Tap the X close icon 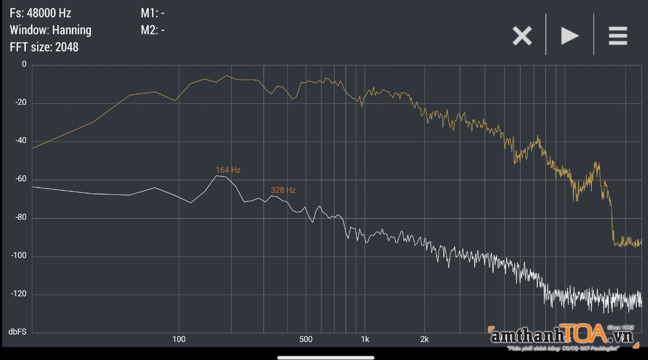[522, 36]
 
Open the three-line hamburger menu [618, 36]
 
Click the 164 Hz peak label [228, 170]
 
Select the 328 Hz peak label [283, 191]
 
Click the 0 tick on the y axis [23, 64]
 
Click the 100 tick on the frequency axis [179, 339]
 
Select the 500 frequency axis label [306, 339]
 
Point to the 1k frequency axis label [365, 339]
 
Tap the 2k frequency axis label [424, 339]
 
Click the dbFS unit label [17, 331]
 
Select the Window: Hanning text [50, 30]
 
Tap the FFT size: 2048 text [44, 47]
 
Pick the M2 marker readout [153, 30]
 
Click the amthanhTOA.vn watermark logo [562, 337]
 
